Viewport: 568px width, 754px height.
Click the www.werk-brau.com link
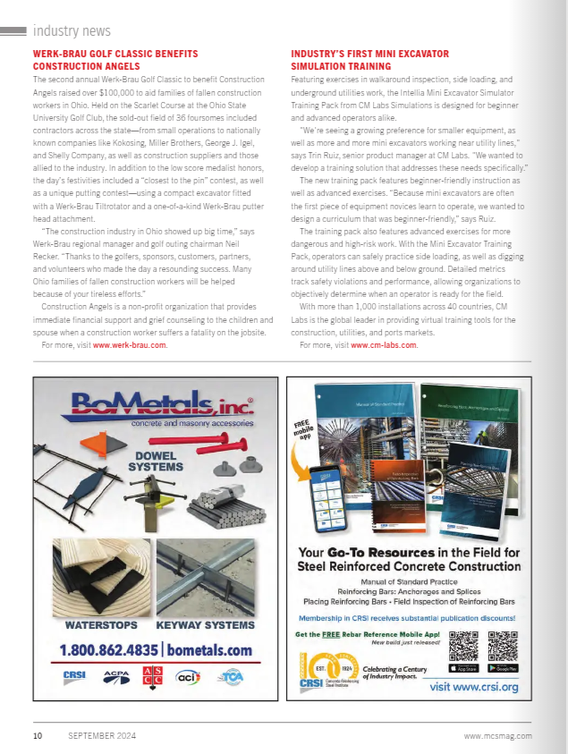click(130, 344)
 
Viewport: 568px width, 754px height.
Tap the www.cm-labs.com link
click(384, 344)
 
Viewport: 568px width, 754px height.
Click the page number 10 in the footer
click(38, 736)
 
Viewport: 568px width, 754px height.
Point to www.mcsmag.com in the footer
click(498, 736)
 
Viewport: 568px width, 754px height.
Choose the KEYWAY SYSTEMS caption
click(205, 625)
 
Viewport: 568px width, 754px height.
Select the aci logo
click(187, 678)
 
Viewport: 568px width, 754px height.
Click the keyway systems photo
click(205, 578)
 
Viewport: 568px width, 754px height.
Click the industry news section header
click(72, 30)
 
